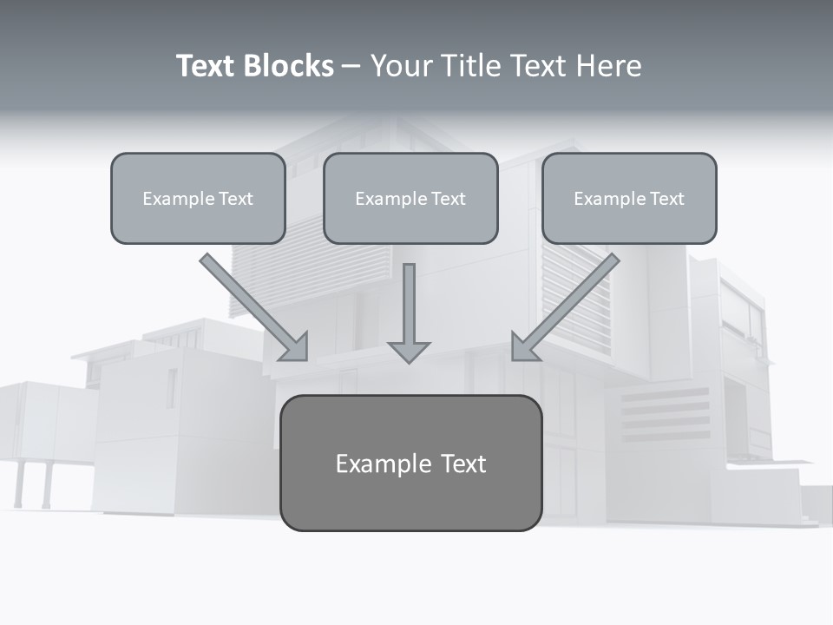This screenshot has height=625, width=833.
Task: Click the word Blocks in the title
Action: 288,66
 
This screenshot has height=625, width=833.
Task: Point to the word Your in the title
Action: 403,66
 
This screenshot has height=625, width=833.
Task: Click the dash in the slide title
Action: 351,66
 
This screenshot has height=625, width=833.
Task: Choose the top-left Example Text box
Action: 198,198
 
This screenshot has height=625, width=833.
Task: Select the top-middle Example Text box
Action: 410,198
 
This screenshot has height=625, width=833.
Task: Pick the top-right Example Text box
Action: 629,198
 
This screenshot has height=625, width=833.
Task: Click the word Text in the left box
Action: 236,199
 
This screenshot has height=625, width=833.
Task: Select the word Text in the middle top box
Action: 449,199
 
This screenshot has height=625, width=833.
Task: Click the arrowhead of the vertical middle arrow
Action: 409,352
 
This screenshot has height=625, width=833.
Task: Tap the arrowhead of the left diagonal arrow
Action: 296,347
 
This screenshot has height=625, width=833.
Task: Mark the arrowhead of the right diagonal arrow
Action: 524,347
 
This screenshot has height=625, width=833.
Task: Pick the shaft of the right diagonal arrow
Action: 577,295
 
